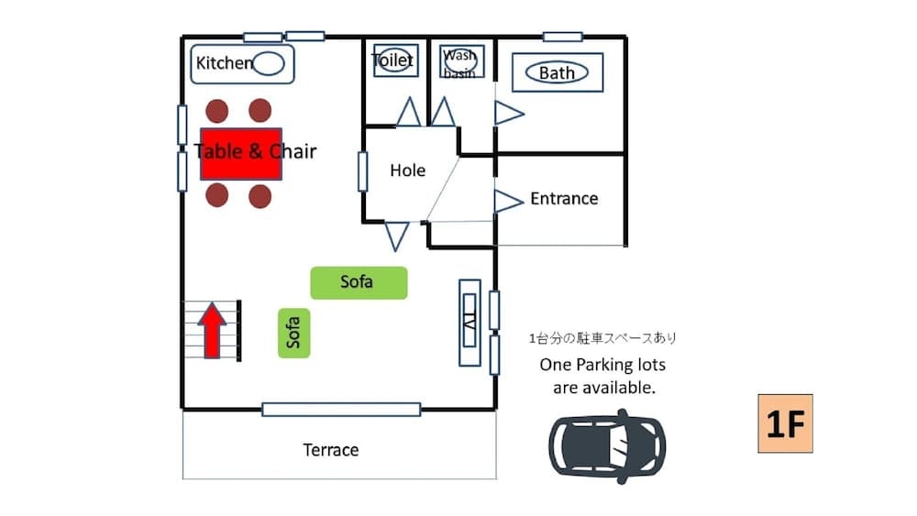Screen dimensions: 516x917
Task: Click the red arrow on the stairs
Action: coord(212,331)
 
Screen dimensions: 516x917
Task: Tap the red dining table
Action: coord(241,153)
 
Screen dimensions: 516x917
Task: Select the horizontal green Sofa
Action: coord(358,282)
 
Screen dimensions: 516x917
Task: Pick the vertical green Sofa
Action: coord(294,333)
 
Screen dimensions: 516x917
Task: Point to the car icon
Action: coord(607,446)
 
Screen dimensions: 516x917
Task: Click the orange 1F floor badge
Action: coord(785,423)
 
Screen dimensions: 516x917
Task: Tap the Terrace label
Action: coord(331,450)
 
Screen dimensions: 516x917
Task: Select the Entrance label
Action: coord(564,199)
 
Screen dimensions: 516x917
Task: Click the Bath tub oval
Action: coord(557,72)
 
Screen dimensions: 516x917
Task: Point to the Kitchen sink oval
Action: coord(269,63)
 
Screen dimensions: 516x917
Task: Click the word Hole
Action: coord(407,170)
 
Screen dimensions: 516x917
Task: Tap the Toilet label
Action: coord(392,60)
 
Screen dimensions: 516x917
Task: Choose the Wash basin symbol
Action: coord(460,60)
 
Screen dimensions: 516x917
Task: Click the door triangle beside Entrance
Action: coord(507,201)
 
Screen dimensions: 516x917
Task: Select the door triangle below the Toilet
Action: coord(408,113)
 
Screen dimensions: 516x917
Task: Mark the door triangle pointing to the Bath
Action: coord(508,114)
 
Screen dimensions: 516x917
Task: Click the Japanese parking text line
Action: coord(602,338)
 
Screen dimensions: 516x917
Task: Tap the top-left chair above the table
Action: coord(216,111)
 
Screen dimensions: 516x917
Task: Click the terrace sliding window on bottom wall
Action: coord(341,410)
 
